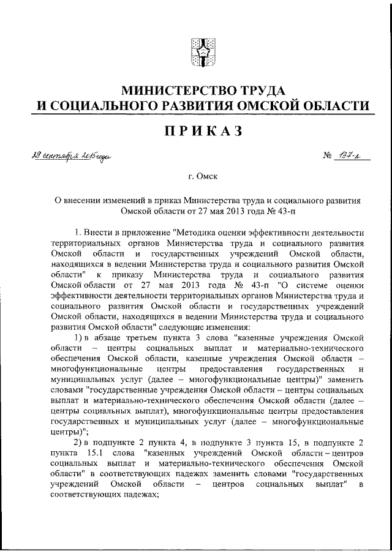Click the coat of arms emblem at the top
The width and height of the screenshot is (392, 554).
click(x=200, y=53)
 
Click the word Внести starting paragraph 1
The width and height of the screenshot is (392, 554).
click(x=97, y=233)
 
